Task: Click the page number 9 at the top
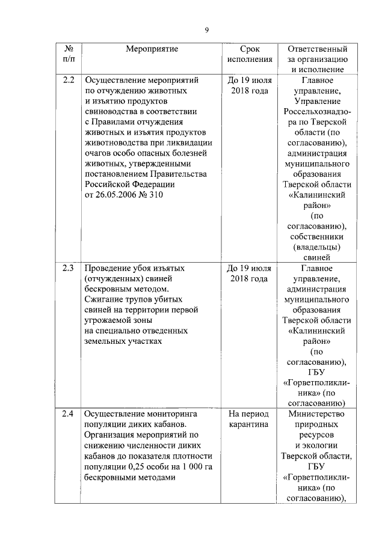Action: pyautogui.click(x=206, y=30)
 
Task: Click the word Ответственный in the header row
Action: pyautogui.click(x=317, y=49)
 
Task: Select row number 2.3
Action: pyautogui.click(x=69, y=268)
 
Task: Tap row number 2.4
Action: pyautogui.click(x=69, y=414)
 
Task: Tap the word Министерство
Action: pyautogui.click(x=317, y=414)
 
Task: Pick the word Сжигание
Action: pyautogui.click(x=104, y=299)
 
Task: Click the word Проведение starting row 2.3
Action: pyautogui.click(x=108, y=268)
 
